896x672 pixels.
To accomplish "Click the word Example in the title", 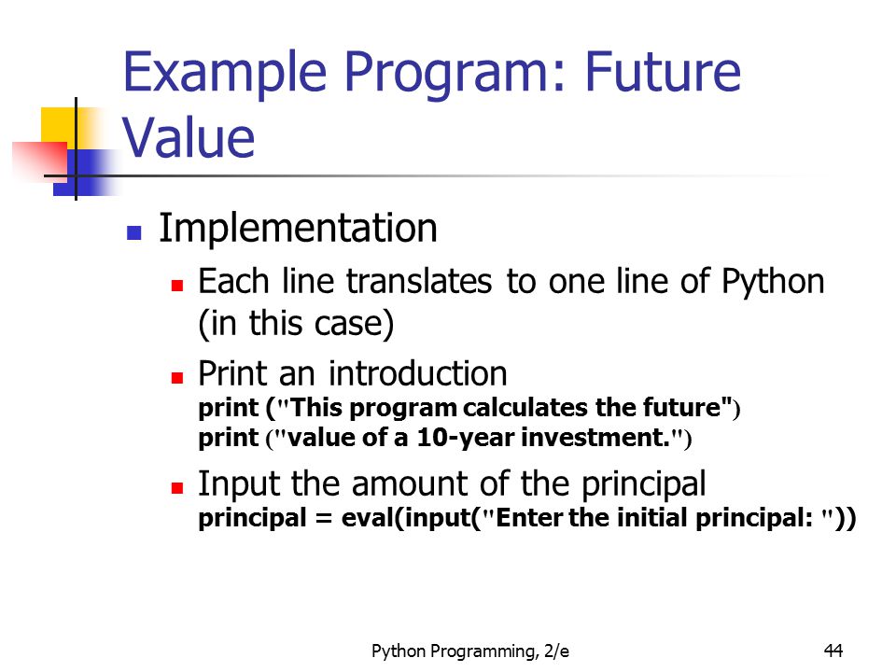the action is click(225, 73).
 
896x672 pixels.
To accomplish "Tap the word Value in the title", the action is click(189, 138).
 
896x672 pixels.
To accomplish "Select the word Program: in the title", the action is click(455, 73).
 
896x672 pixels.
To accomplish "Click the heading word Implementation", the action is click(298, 228).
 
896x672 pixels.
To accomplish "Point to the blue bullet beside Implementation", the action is click(133, 232).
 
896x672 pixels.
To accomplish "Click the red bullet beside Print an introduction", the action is click(177, 378).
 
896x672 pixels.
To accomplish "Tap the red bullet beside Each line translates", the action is click(177, 286).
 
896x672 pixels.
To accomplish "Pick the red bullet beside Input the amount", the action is click(177, 488).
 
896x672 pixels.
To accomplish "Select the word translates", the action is click(419, 282).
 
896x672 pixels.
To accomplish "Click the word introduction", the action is click(418, 373).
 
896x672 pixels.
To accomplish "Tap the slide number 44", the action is click(833, 651).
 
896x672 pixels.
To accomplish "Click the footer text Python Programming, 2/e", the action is click(469, 651).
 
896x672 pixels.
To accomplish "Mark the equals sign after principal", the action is click(324, 518).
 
